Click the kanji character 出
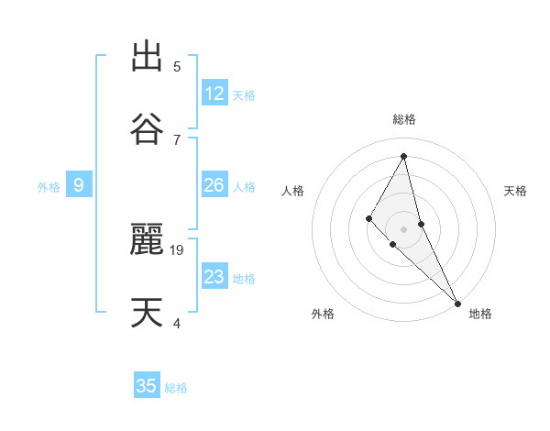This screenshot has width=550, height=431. [147, 57]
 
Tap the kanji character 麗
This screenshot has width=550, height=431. [147, 239]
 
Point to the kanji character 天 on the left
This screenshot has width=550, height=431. [147, 313]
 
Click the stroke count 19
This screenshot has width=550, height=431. [178, 249]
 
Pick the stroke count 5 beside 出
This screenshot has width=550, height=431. [177, 66]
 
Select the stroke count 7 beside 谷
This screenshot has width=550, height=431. [177, 139]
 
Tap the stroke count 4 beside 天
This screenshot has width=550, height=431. [177, 323]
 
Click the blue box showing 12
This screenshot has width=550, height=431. [214, 94]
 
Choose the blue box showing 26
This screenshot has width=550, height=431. [214, 185]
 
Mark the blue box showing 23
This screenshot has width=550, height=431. [214, 277]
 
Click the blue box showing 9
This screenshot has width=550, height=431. [79, 185]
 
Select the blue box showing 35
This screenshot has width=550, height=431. [147, 386]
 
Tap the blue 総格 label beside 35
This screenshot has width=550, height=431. [176, 388]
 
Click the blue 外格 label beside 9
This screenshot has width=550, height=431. [49, 187]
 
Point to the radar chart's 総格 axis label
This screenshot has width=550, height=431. [403, 119]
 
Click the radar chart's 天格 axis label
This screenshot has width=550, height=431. [516, 191]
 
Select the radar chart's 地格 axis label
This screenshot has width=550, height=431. [480, 314]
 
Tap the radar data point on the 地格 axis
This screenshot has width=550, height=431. [457, 303]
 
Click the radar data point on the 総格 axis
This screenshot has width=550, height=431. [403, 155]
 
